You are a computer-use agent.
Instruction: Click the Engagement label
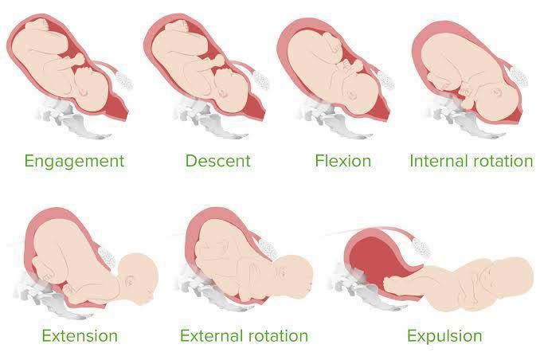(74, 162)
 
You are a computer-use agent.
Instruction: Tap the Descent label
(218, 161)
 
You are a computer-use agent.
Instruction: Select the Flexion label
(343, 161)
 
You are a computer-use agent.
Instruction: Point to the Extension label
(80, 335)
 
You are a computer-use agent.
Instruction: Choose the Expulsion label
(444, 336)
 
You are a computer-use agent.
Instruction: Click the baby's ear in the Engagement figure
(83, 92)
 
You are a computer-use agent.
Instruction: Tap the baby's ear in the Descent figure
(223, 93)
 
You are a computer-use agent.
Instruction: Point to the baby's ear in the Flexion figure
(351, 95)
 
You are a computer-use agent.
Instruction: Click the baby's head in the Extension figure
(138, 279)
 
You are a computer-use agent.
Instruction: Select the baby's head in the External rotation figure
(293, 276)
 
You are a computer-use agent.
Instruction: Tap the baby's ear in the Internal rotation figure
(496, 92)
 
